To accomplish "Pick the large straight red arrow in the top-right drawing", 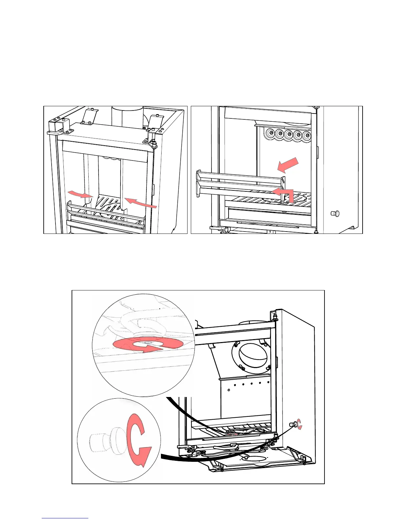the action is click(x=288, y=165).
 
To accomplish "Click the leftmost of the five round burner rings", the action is click(x=270, y=134).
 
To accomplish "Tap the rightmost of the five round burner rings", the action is click(x=307, y=135).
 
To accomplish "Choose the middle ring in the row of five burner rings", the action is click(x=289, y=134).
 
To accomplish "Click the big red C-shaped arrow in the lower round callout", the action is click(x=139, y=439).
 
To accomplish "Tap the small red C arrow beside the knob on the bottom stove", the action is click(x=299, y=425).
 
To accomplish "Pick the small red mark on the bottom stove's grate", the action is click(x=234, y=434).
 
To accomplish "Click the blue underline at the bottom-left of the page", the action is click(x=65, y=518).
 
